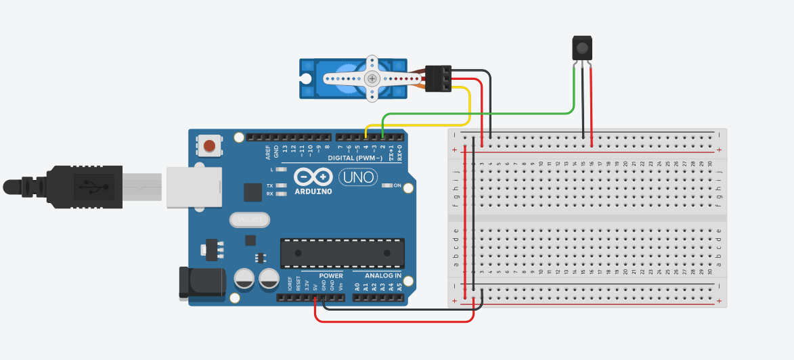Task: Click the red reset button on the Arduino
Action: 210,145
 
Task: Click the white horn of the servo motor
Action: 372,79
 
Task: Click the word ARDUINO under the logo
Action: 313,192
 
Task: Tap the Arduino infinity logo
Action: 314,177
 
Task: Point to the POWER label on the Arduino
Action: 330,276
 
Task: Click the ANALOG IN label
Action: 383,276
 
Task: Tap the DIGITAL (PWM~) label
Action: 360,158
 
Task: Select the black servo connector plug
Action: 438,78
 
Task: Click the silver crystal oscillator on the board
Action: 250,220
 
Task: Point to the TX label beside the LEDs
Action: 269,185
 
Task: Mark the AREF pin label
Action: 268,150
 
